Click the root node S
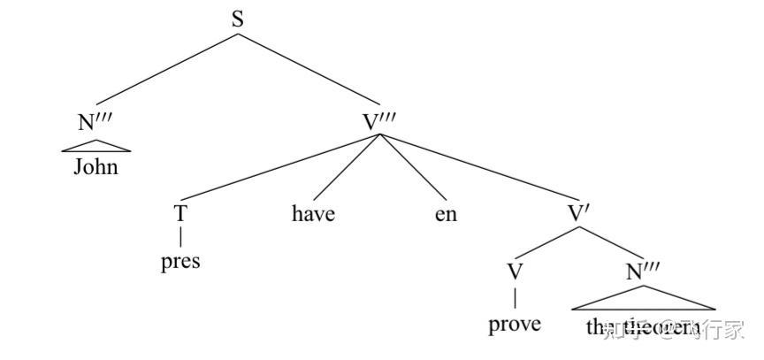(x=238, y=19)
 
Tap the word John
(x=95, y=166)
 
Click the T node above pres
(x=180, y=213)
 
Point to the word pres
(x=180, y=261)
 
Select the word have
(x=313, y=213)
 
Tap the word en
(x=446, y=213)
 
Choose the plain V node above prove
(x=515, y=271)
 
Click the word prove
(x=515, y=324)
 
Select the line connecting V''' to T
(x=281, y=168)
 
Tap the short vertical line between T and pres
(x=180, y=237)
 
